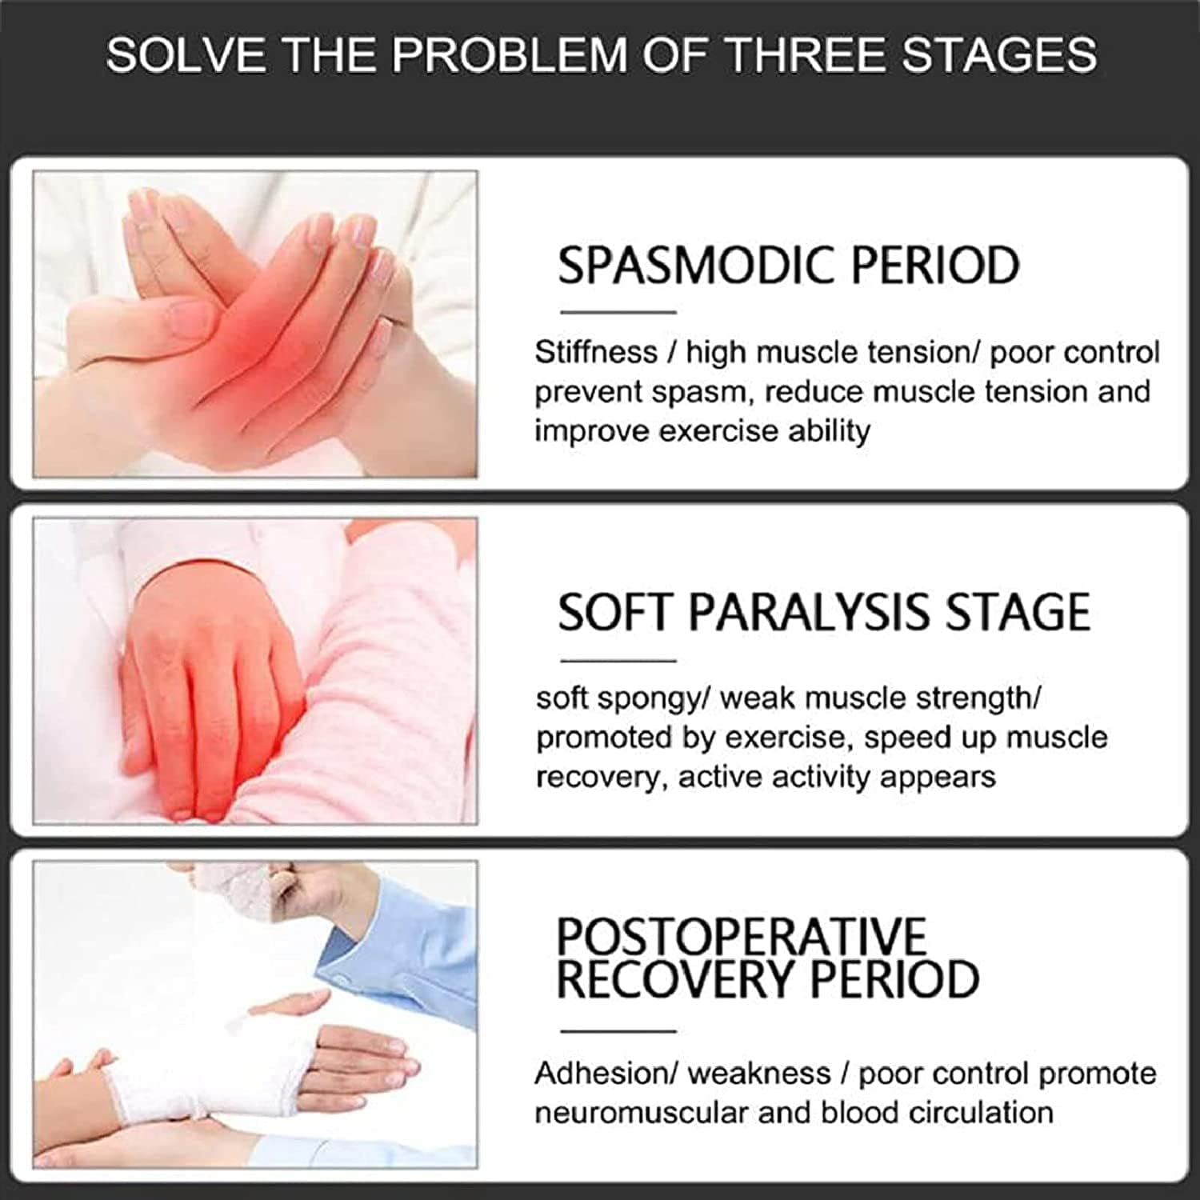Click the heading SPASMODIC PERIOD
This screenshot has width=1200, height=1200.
[788, 265]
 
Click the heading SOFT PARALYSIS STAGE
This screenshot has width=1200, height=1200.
[824, 613]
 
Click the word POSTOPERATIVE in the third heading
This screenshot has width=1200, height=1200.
[741, 935]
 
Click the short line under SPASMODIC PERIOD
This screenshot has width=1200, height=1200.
[618, 312]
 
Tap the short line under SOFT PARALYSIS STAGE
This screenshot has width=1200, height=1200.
[618, 661]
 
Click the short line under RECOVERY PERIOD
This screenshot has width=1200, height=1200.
[618, 1031]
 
